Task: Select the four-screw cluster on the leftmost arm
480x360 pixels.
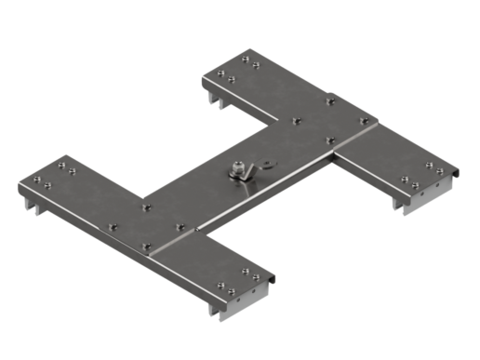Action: (x=56, y=174)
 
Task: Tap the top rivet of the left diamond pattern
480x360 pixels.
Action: (x=145, y=206)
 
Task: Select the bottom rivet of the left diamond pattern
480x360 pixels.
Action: (x=145, y=247)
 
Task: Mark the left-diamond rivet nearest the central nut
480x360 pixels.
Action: (x=180, y=225)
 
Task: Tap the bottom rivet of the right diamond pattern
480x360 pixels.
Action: (x=330, y=140)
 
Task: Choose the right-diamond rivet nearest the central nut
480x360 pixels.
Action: (x=296, y=120)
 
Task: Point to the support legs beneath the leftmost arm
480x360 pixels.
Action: (x=37, y=207)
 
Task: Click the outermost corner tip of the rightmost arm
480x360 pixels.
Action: (x=462, y=173)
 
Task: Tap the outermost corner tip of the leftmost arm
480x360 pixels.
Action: (x=18, y=187)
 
